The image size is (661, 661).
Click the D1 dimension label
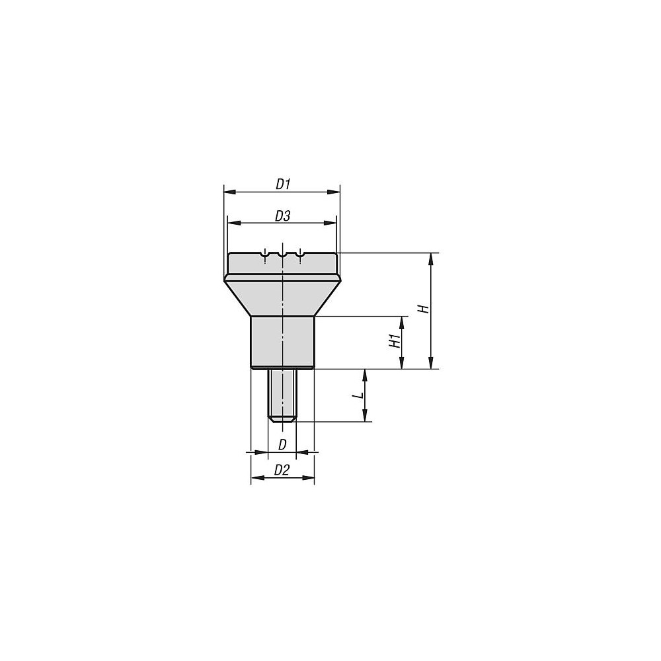pyautogui.click(x=283, y=184)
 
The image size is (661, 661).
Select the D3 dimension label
pyautogui.click(x=282, y=216)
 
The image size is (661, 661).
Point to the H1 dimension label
pyautogui.click(x=394, y=342)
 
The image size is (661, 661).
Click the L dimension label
pyautogui.click(x=358, y=395)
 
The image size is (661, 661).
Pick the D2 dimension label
pyautogui.click(x=282, y=471)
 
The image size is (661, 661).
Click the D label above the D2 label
pyautogui.click(x=282, y=445)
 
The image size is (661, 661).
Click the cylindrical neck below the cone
pyautogui.click(x=282, y=342)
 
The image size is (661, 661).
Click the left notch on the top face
pyautogui.click(x=264, y=253)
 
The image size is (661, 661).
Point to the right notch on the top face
pyautogui.click(x=300, y=253)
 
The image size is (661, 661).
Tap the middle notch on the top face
pyautogui.click(x=282, y=253)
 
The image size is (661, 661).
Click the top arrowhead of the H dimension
pyautogui.click(x=432, y=258)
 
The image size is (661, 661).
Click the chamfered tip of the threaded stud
pyautogui.click(x=282, y=418)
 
